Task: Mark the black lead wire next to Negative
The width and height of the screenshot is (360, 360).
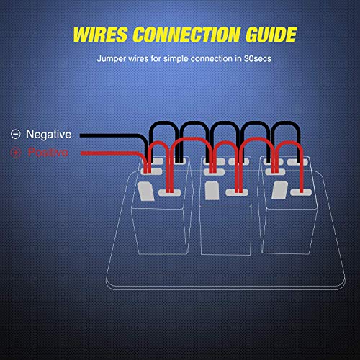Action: pos(108,135)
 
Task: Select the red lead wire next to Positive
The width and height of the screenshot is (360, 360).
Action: pos(108,153)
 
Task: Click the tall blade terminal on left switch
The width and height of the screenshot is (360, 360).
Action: pos(145,191)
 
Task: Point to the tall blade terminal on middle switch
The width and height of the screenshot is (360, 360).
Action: pos(212,191)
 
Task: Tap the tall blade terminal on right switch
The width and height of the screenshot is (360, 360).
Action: pos(279,191)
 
